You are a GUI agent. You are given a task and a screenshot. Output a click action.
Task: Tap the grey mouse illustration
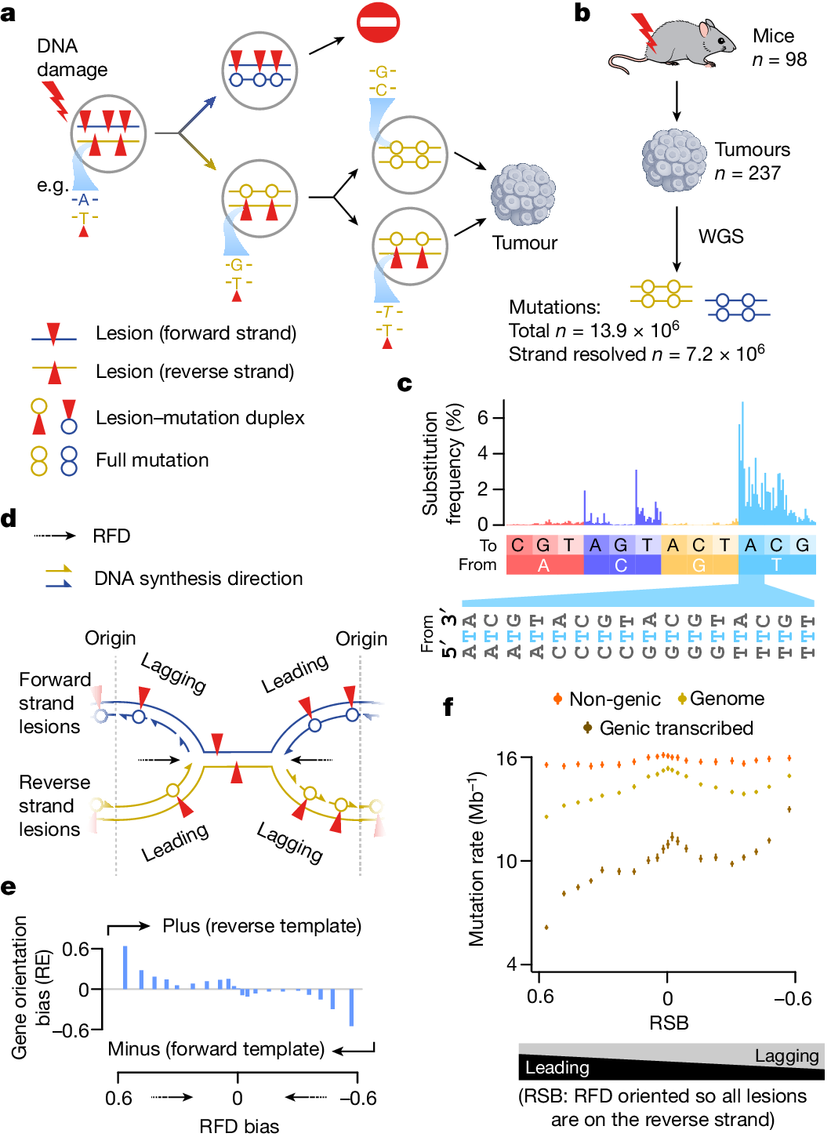[x=678, y=44]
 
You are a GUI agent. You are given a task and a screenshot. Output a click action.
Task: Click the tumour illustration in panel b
[x=673, y=161]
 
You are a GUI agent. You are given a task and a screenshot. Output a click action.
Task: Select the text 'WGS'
[x=720, y=236]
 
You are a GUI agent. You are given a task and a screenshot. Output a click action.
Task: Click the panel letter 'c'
[x=405, y=383]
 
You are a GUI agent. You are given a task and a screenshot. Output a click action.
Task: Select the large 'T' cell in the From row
[x=776, y=565]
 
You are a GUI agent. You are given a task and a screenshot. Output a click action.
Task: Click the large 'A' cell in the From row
[x=543, y=565]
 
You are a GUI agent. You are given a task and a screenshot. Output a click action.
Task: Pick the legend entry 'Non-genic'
[x=614, y=699]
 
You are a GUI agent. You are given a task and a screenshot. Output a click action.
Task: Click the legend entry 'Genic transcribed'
[x=675, y=728]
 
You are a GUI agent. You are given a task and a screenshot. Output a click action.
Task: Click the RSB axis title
[x=669, y=1023]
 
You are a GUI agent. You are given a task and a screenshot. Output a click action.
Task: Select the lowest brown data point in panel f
[x=546, y=927]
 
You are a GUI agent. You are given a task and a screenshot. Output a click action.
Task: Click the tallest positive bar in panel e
[x=125, y=968]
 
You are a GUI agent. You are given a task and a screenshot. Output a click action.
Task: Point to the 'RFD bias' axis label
[x=239, y=1126]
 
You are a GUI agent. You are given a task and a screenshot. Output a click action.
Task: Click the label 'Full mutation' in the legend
[x=152, y=460]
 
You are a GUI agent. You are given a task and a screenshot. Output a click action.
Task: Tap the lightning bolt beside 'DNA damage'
[x=56, y=99]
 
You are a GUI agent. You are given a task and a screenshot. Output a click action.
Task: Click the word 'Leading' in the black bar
[x=557, y=1068]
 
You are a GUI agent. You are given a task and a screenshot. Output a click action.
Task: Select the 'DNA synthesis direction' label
[x=198, y=579]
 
